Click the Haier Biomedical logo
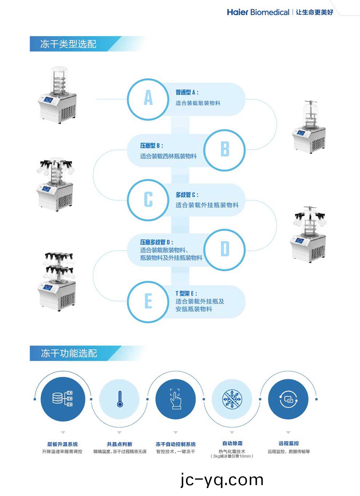click(x=258, y=12)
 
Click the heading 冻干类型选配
click(x=68, y=44)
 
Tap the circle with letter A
click(x=148, y=99)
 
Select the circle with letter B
click(x=225, y=149)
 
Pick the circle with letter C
click(x=148, y=200)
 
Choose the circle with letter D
click(x=225, y=249)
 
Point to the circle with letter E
click(x=148, y=301)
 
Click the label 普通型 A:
click(x=187, y=92)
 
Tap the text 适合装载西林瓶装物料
click(x=168, y=156)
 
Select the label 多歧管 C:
click(x=187, y=195)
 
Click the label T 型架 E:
click(x=186, y=293)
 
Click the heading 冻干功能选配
click(x=69, y=353)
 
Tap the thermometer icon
click(x=120, y=399)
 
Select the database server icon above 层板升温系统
click(x=63, y=399)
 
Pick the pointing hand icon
click(x=176, y=399)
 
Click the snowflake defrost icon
click(x=232, y=399)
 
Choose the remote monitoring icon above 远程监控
click(x=288, y=399)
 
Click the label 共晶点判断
click(x=119, y=444)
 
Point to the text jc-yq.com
click(x=222, y=480)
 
